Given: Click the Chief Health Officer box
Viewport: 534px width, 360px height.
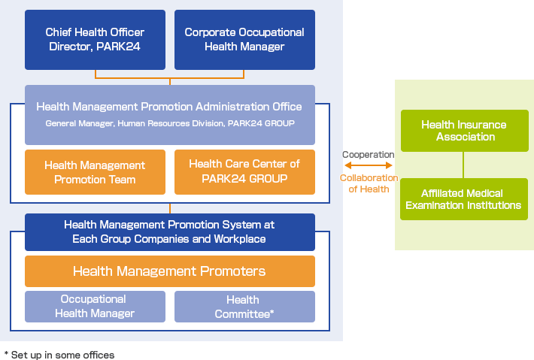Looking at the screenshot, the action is click(95, 40).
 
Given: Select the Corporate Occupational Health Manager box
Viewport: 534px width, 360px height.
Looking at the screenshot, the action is click(244, 40).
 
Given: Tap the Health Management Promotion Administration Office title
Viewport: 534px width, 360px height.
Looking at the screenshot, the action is click(169, 107).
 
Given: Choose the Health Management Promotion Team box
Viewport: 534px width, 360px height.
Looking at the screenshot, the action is click(95, 172).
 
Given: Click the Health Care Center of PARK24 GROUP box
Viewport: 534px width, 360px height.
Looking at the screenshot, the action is click(244, 172).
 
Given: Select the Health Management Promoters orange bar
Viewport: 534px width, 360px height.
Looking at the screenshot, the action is click(170, 271).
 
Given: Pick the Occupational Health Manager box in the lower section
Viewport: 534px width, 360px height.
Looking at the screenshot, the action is click(95, 307).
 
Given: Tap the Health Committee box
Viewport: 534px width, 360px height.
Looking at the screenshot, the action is click(244, 307).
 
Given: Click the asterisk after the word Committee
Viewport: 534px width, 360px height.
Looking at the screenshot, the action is click(272, 311).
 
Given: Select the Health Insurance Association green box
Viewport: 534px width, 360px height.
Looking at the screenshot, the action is click(465, 131).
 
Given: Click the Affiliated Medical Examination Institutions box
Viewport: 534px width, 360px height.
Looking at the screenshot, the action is click(464, 199).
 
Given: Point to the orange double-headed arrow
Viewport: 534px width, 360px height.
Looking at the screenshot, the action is click(368, 165).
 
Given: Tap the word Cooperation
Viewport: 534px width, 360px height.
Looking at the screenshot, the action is click(368, 155).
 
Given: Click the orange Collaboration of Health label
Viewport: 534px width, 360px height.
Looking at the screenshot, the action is click(369, 183).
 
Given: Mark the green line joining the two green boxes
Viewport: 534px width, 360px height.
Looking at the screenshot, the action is click(463, 165).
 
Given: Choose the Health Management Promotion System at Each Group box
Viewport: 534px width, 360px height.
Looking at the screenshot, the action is click(170, 232).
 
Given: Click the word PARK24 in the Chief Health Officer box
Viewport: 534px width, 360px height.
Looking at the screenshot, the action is click(118, 47).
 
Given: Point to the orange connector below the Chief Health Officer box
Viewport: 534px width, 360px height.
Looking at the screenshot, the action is click(169, 78).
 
